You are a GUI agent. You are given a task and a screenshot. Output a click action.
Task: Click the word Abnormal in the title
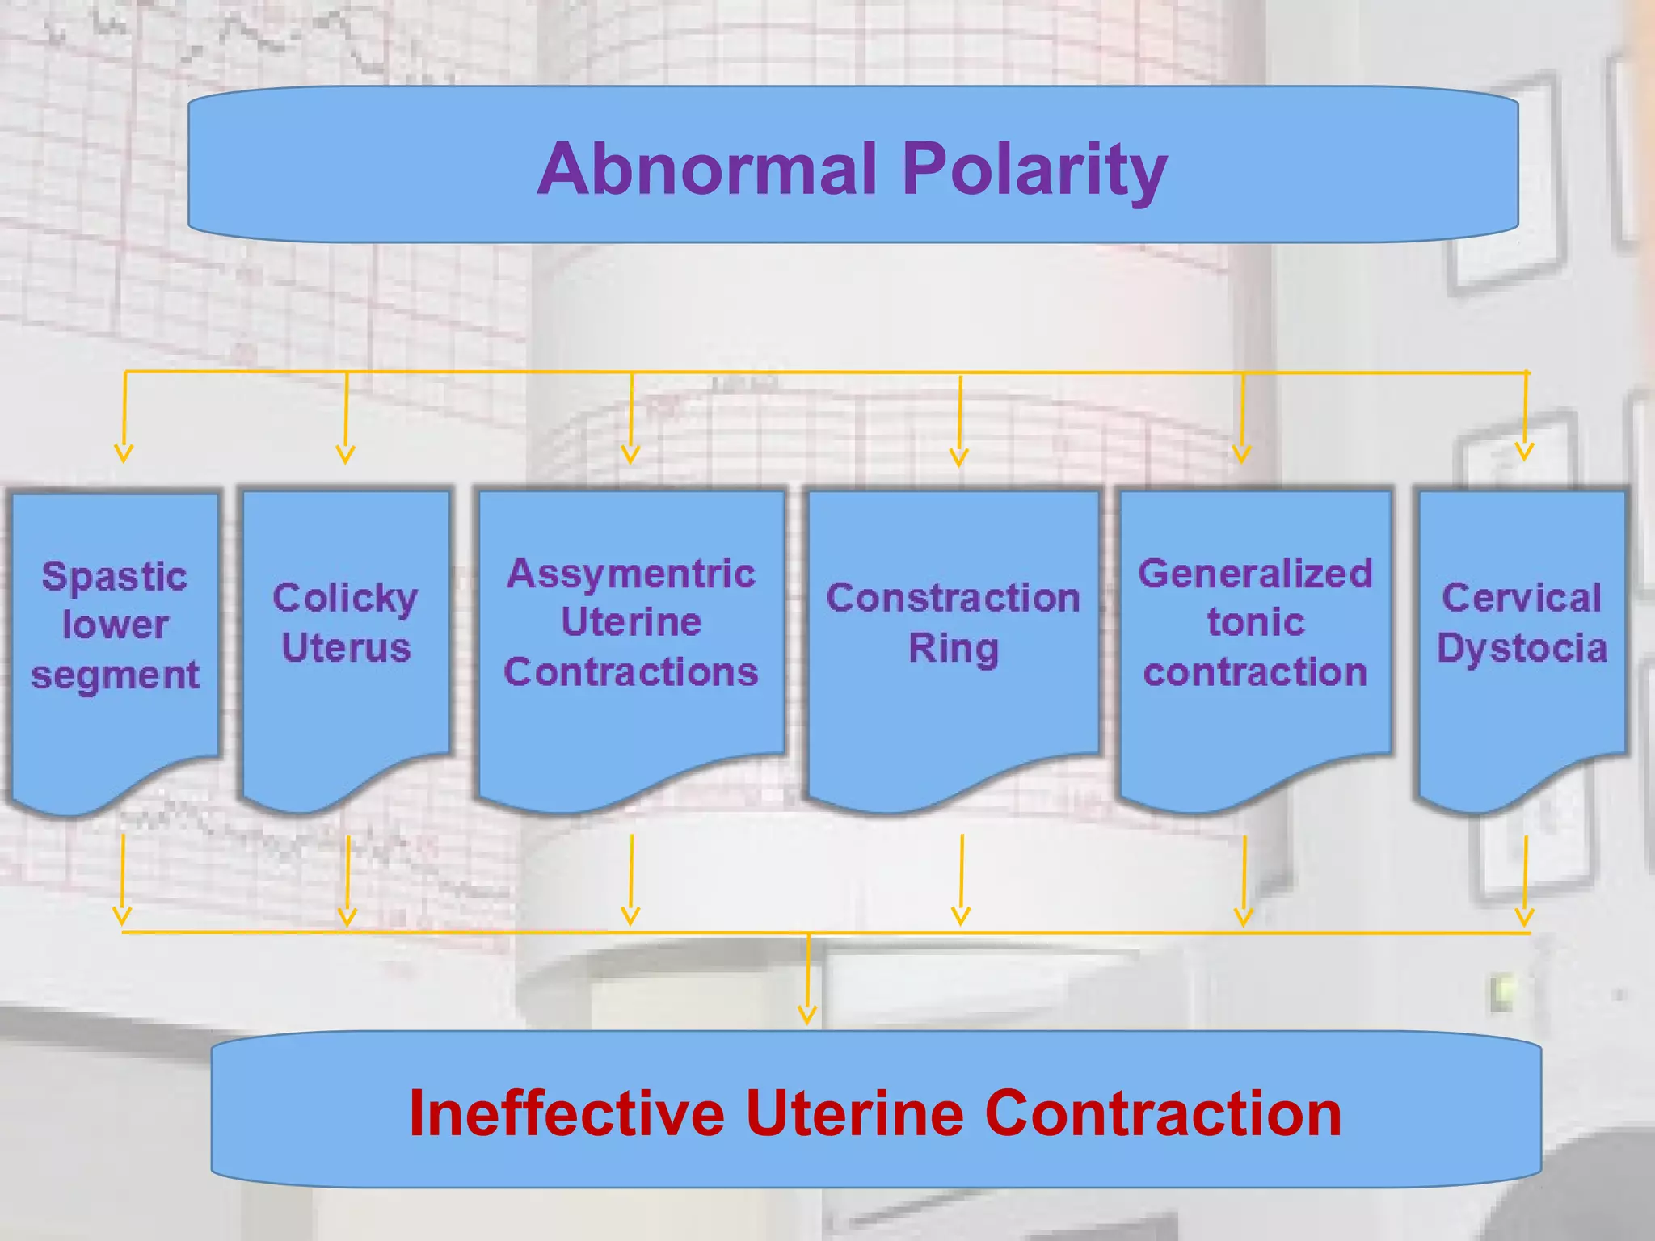(707, 169)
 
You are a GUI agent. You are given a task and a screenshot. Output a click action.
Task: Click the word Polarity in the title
(1034, 169)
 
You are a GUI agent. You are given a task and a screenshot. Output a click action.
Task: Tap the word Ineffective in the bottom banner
(566, 1113)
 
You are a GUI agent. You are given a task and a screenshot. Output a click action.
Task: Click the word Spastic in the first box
(115, 577)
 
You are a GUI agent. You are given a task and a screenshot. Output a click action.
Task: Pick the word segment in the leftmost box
(115, 675)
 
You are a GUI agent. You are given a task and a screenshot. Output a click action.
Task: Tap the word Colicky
(345, 599)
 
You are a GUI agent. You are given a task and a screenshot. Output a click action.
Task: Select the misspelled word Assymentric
(631, 574)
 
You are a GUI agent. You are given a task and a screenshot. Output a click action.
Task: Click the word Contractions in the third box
(631, 672)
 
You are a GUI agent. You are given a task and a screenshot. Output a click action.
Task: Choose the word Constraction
(953, 599)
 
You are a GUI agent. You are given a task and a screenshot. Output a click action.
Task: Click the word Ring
(953, 648)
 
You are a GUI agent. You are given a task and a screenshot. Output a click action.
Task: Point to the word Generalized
(1255, 574)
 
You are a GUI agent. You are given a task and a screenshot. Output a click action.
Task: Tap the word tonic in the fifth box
(1255, 623)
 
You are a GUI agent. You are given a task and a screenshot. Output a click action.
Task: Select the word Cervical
(1522, 599)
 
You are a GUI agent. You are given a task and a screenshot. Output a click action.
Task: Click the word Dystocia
(1522, 648)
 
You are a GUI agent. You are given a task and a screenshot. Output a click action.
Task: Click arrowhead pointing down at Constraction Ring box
(959, 458)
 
